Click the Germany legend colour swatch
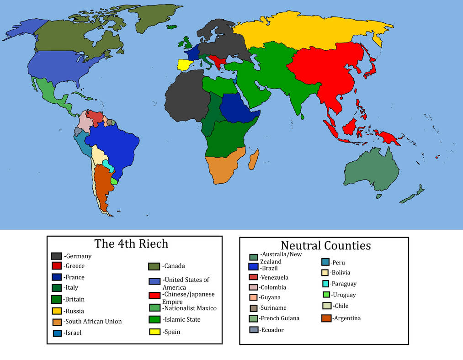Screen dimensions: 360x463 coord(57,256)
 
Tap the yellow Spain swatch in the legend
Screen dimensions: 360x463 coord(154,332)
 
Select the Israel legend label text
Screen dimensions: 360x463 coord(73,333)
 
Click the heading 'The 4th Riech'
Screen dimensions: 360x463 coord(131,244)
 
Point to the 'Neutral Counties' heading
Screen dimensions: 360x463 coord(325,245)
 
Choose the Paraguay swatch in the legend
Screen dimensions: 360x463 coord(325,284)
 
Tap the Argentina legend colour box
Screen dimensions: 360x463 coord(326,318)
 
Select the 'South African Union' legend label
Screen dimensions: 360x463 coord(93,322)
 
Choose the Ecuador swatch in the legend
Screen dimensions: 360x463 coord(254,330)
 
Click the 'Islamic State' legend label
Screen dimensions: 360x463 coord(182,320)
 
